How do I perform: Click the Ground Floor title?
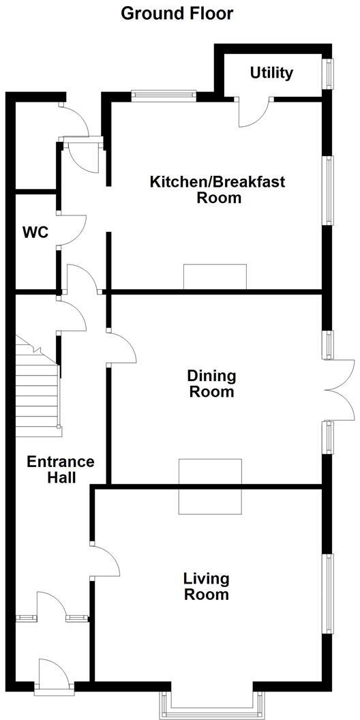(177, 13)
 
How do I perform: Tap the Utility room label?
(271, 73)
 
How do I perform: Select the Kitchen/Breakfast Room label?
(217, 190)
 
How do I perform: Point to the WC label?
(35, 232)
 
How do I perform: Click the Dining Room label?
(211, 384)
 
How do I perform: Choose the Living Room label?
(206, 587)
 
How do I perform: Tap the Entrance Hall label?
(61, 469)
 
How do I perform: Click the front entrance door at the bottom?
(55, 675)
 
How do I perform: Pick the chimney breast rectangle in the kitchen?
(215, 277)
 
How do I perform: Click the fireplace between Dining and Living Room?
(210, 486)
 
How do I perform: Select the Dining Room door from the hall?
(121, 348)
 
